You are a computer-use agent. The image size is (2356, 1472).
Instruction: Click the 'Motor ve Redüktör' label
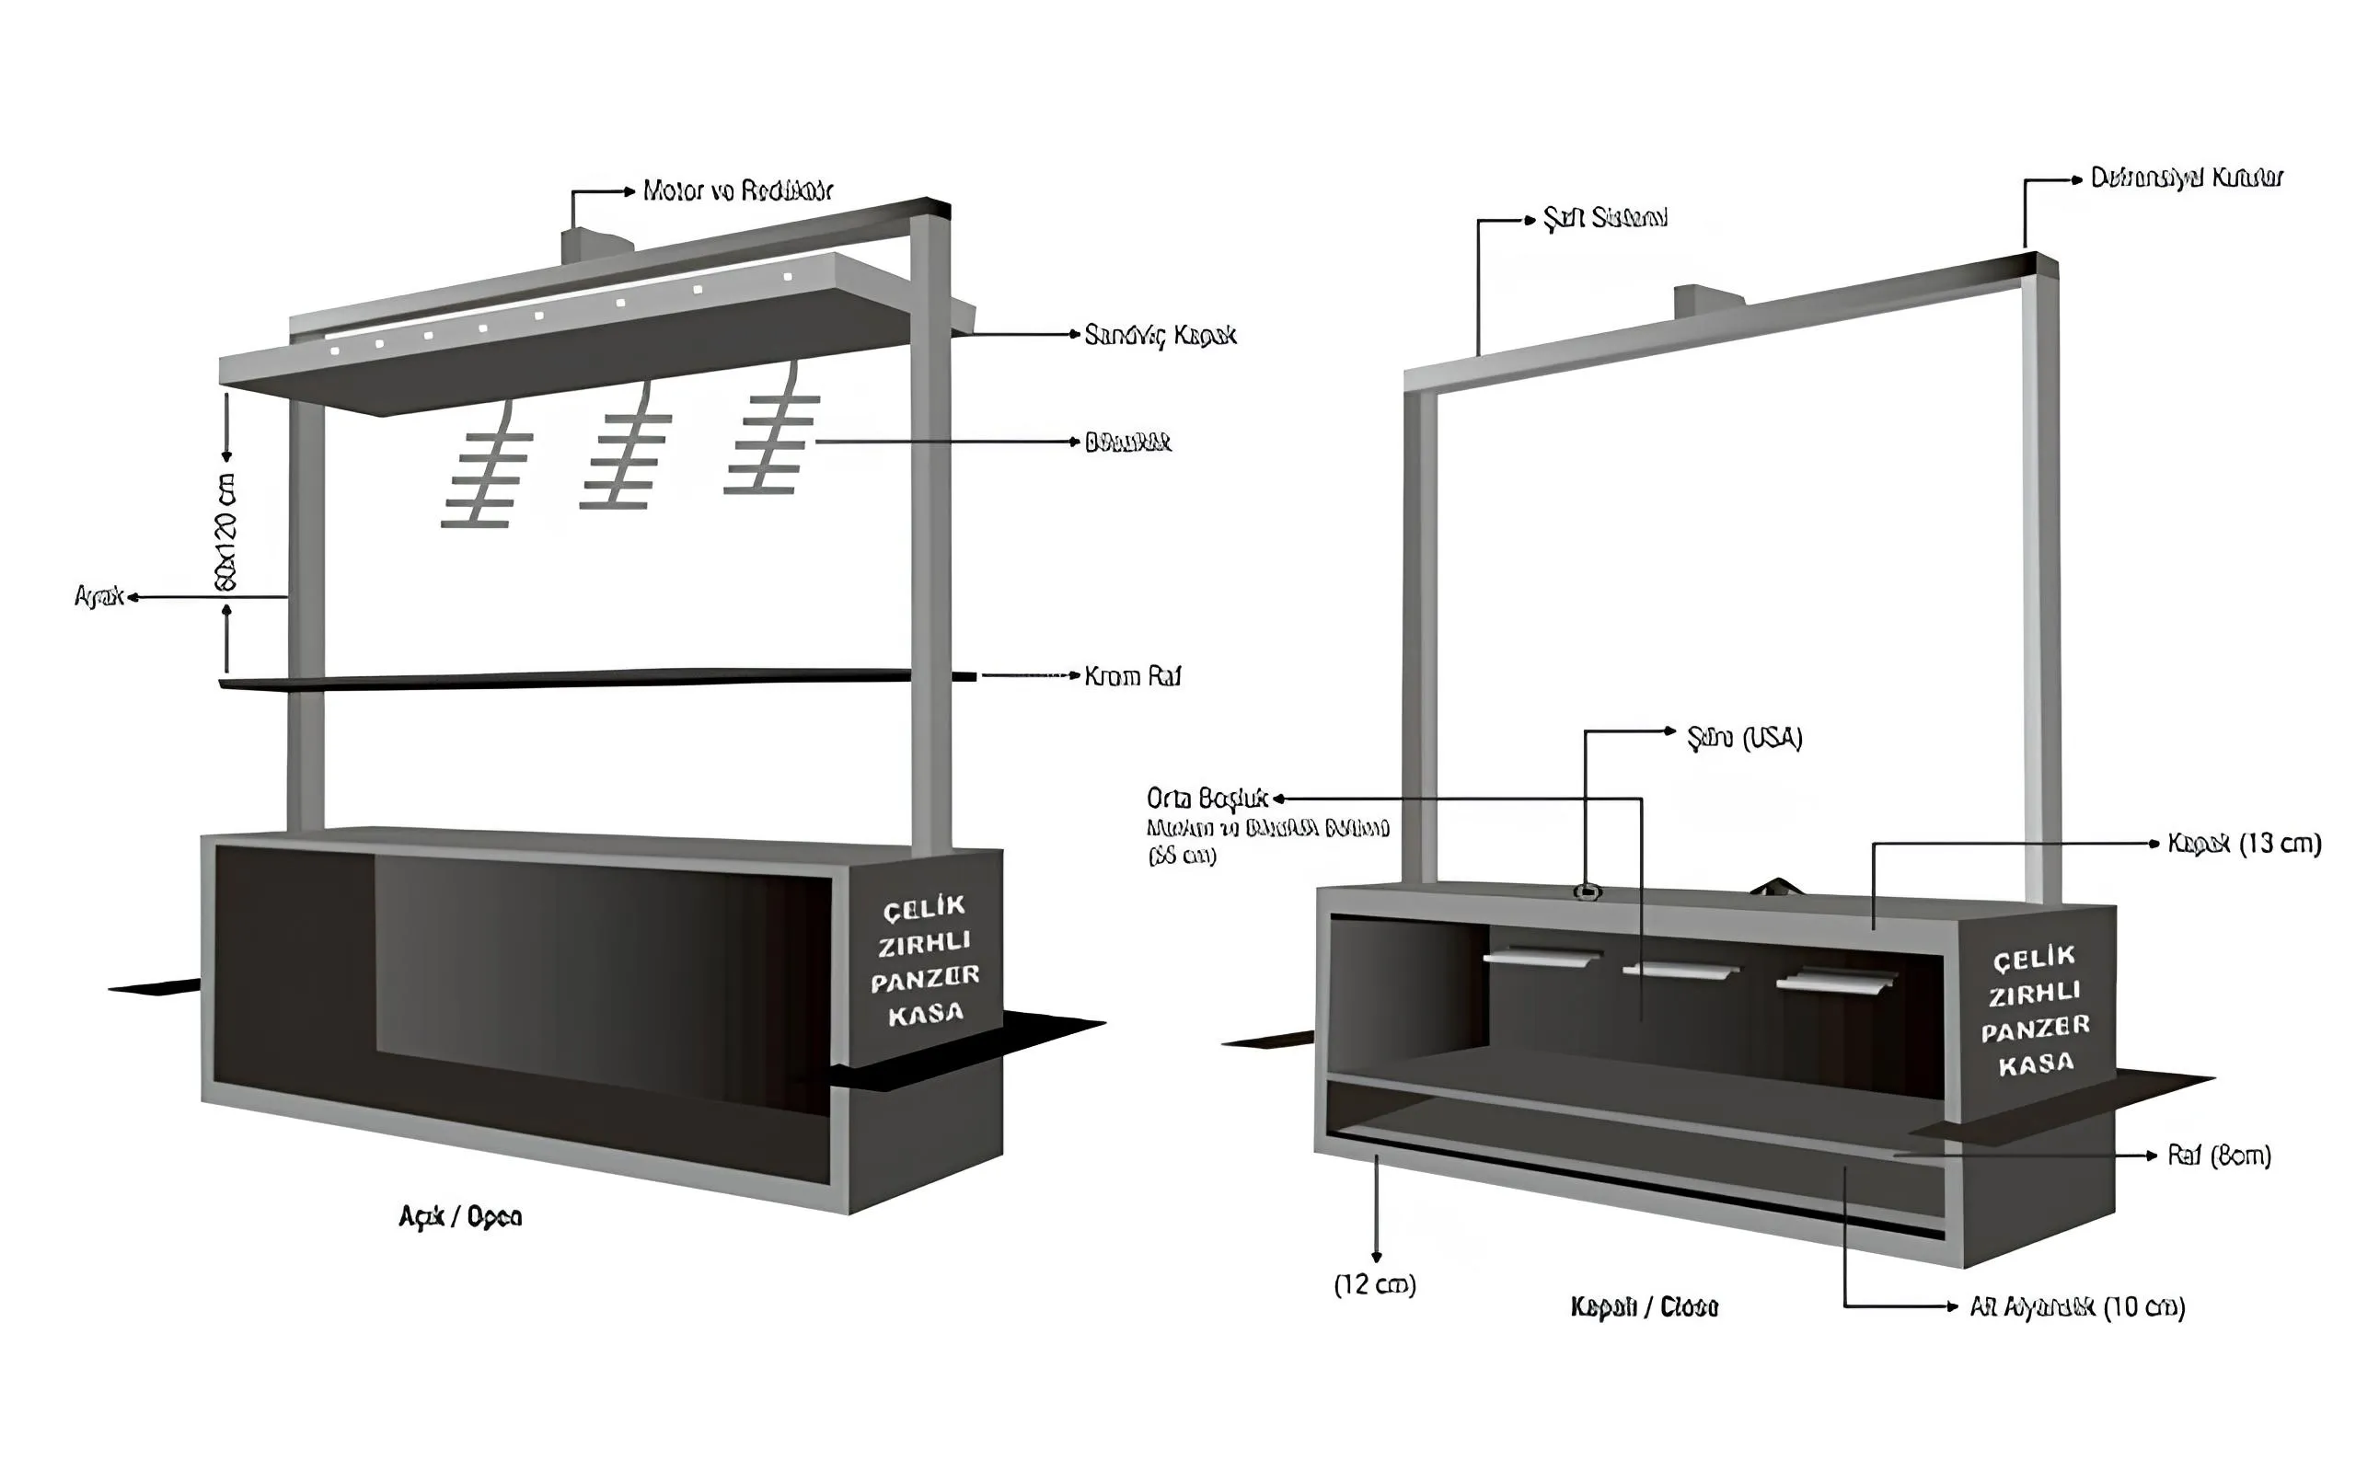737,190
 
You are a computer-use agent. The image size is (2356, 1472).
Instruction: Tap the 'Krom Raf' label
1132,675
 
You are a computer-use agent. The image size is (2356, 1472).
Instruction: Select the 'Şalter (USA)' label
1745,738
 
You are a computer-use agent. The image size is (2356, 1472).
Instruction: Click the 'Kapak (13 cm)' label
2244,843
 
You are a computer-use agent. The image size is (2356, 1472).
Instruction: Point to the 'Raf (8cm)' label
2219,1156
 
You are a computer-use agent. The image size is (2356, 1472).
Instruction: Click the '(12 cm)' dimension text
1375,1285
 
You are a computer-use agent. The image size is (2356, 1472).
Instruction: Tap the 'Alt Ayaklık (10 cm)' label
2076,1306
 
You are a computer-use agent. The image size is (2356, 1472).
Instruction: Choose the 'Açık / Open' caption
460,1217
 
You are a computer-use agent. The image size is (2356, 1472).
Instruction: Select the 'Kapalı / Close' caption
1645,1306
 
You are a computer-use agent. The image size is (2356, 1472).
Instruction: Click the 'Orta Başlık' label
1207,799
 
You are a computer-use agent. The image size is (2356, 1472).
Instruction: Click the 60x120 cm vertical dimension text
225,532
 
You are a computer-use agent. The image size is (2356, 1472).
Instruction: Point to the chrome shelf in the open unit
584,678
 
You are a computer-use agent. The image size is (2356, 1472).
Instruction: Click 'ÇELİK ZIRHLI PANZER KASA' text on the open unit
925,959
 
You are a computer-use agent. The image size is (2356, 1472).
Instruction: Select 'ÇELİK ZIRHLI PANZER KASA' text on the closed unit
2035,1009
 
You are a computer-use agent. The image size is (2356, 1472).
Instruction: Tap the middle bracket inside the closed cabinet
1680,971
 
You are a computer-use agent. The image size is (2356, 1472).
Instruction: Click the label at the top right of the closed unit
2186,178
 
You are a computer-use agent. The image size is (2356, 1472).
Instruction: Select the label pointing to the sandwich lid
1160,335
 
